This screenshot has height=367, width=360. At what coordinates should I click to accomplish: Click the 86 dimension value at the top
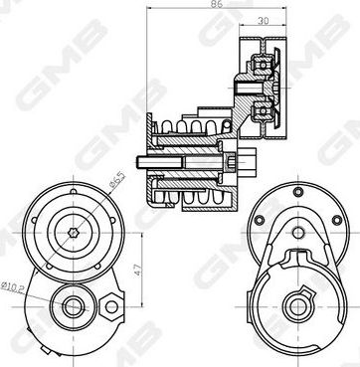(x=217, y=4)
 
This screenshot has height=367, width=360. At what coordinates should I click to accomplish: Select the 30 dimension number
(x=263, y=21)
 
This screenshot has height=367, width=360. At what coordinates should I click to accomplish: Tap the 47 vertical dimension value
(x=138, y=270)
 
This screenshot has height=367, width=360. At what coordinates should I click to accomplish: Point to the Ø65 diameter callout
(x=117, y=180)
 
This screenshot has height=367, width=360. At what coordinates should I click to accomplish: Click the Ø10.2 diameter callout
(x=12, y=286)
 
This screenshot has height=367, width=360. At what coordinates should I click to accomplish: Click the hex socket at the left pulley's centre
(x=74, y=233)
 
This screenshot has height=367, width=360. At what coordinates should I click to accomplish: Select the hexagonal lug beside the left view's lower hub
(x=110, y=306)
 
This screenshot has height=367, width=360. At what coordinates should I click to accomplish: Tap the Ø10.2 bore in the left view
(x=73, y=307)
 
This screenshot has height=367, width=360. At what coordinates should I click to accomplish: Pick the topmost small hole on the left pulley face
(x=74, y=191)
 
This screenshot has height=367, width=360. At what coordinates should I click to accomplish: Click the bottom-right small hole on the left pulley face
(x=97, y=267)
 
